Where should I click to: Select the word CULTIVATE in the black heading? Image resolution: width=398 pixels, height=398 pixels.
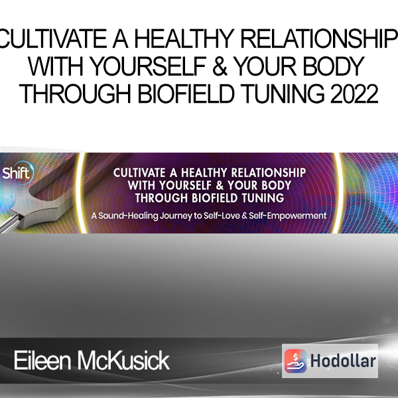[53, 38]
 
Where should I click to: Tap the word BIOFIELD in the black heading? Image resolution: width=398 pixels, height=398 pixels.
[186, 94]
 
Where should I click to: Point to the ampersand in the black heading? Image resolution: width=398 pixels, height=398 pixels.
[220, 66]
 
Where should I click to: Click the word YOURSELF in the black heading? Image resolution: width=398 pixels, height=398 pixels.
[148, 66]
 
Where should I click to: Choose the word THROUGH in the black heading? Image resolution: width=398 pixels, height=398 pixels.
[75, 94]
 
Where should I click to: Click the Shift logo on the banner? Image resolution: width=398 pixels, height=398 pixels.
[16, 173]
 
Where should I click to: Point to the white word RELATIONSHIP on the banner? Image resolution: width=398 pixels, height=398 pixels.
[268, 173]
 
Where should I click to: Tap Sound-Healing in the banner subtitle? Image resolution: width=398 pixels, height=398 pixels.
[128, 216]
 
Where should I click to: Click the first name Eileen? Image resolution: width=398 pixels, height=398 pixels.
[42, 361]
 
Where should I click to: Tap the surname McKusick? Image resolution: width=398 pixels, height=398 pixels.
[123, 361]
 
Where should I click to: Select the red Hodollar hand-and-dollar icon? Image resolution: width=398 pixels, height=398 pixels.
[295, 361]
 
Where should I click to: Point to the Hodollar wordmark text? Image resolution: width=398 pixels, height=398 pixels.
[343, 361]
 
